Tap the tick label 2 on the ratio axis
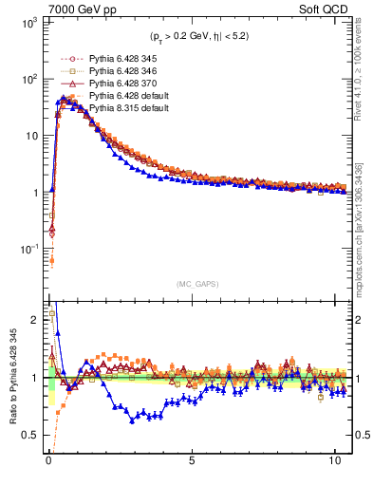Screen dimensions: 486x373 [34, 320]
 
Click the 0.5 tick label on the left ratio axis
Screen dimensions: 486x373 [30, 435]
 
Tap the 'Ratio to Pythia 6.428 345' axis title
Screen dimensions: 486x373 [12, 379]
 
